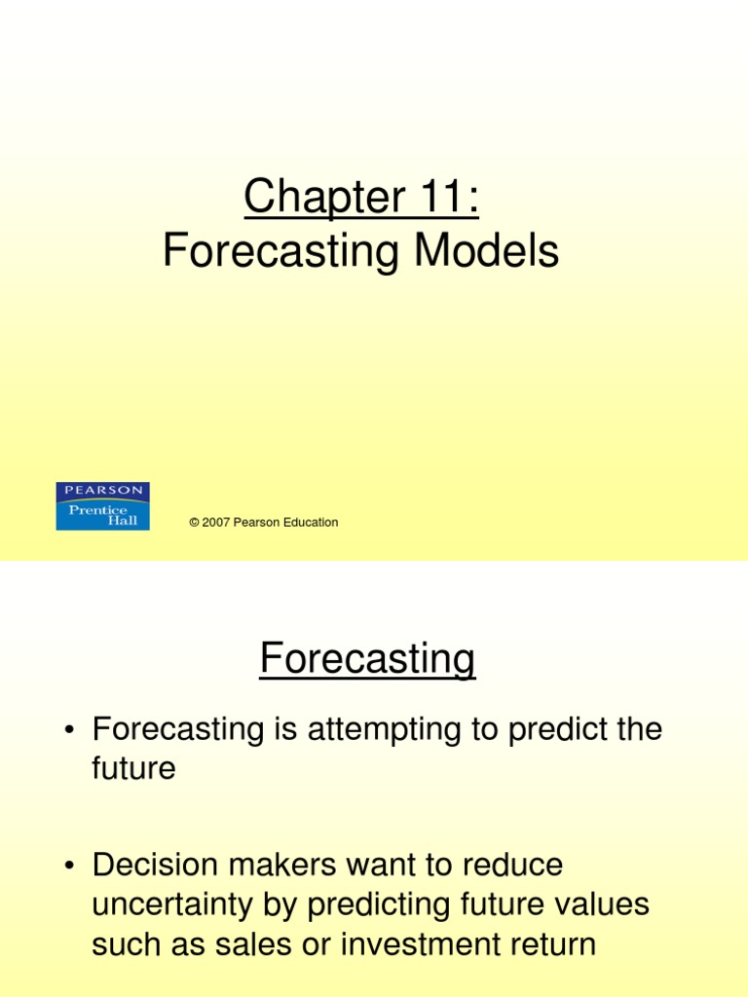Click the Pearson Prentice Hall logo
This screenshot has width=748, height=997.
click(x=102, y=506)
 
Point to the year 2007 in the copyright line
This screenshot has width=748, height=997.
click(x=217, y=523)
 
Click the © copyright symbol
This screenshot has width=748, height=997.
click(x=195, y=523)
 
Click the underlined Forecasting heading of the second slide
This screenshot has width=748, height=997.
click(x=367, y=659)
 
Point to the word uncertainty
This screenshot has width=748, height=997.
click(x=175, y=905)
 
